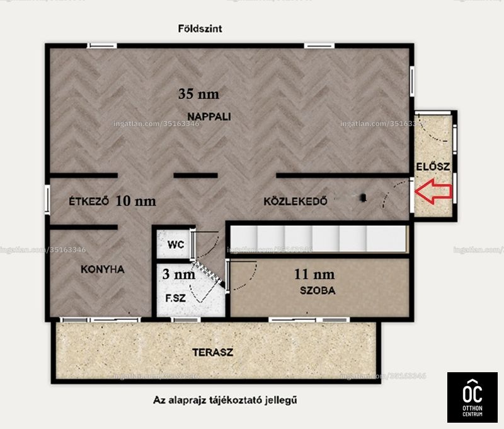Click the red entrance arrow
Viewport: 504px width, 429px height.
[x=434, y=192]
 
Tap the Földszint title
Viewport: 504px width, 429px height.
[x=200, y=28]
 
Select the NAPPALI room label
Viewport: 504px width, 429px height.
[x=209, y=117]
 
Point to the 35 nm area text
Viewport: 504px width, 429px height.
[x=198, y=94]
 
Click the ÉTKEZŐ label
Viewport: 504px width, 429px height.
[x=89, y=201]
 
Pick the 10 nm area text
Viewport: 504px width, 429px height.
[x=135, y=201]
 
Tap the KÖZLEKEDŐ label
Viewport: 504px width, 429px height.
[x=295, y=201]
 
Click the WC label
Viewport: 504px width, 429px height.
[x=176, y=245]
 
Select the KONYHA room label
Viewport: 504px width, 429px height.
[x=103, y=269]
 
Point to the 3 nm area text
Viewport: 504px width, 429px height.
[x=179, y=274]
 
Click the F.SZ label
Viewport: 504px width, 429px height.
[x=176, y=298]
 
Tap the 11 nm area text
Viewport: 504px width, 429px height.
[x=314, y=274]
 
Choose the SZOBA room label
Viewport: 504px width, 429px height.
[x=318, y=291]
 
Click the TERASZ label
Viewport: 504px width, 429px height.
[x=213, y=353]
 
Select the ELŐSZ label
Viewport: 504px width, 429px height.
[x=433, y=167]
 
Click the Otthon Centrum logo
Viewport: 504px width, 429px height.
[x=472, y=397]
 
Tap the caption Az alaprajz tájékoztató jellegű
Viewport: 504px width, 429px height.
[x=225, y=401]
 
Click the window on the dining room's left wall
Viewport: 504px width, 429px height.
[x=47, y=199]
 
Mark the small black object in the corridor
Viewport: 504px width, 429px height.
[x=364, y=197]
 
